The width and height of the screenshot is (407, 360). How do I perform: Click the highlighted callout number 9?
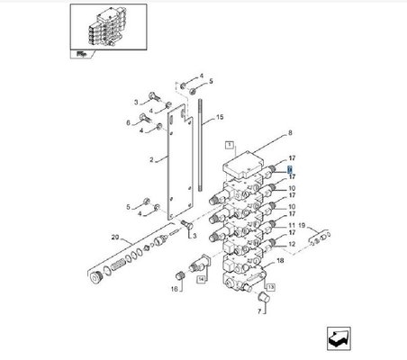coord(290,169)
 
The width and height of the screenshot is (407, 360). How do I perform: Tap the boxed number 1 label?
coord(229,145)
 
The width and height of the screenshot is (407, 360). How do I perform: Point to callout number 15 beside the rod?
coord(219,117)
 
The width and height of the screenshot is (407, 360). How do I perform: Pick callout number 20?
coord(113,238)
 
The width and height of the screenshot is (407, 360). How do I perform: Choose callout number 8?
coord(290,133)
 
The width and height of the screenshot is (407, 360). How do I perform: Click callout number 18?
coord(280,260)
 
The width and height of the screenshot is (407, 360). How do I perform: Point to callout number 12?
coord(290,244)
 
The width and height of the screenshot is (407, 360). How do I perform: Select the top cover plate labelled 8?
coord(241,166)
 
